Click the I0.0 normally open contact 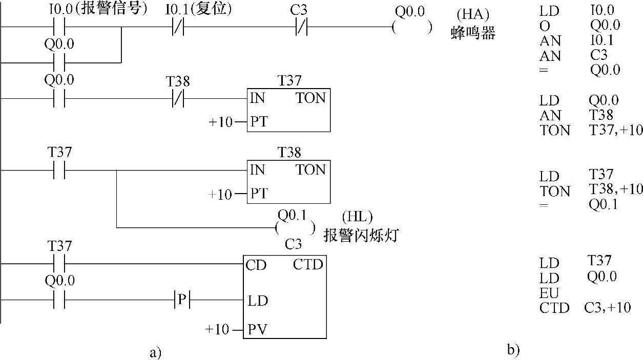click(59, 27)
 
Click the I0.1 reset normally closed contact click(178, 27)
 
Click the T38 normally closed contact click(178, 98)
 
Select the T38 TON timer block click(288, 182)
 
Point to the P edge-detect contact click(182, 300)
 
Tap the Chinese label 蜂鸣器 click(473, 34)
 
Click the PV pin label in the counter click(257, 329)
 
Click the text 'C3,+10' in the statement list click(607, 308)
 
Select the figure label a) click(155, 352)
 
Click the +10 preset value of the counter click(217, 329)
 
